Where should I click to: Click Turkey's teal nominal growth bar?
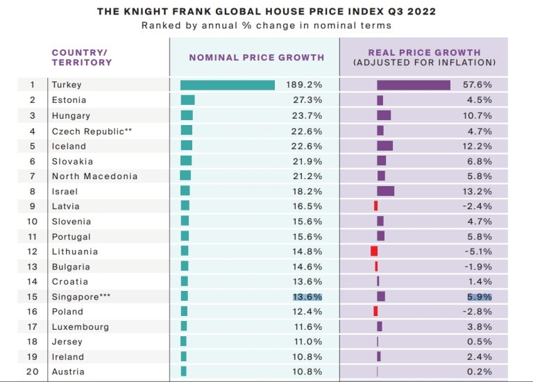coord(228,85)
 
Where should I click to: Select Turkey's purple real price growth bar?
coord(414,85)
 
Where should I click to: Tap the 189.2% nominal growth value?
coord(304,85)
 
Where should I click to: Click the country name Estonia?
coord(69,100)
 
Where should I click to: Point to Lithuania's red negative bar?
coord(374,251)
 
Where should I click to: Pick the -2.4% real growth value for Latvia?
coord(478,206)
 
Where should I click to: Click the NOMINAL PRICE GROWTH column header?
coord(257,57)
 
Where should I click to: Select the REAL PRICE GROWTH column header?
coord(424,52)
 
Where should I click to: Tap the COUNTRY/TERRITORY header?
coord(82,57)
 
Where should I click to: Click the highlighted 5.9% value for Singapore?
coord(479,297)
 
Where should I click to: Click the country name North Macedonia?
coord(94,176)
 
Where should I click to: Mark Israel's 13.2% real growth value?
coord(478,191)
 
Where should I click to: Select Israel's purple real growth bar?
coord(385,191)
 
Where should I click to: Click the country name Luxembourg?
coord(80,326)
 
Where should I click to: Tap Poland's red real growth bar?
coord(375,311)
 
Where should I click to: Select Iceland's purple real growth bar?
coord(384,146)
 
